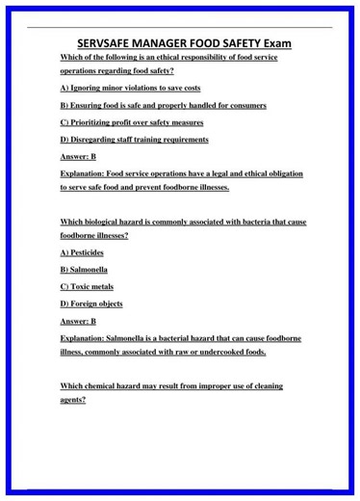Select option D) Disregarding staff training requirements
[134, 140]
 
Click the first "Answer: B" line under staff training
[78, 157]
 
